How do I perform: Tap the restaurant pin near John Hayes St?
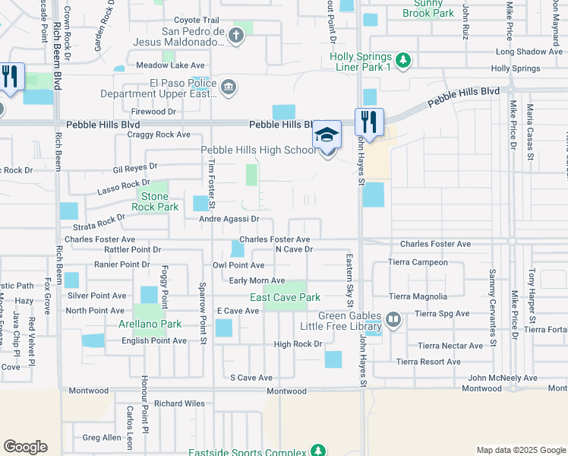[x=369, y=122]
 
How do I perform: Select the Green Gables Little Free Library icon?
[x=393, y=319]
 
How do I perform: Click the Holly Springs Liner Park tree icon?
[x=404, y=60]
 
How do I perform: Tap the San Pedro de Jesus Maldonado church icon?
[x=237, y=35]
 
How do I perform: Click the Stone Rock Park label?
[x=155, y=201]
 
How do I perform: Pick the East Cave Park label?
[x=286, y=297]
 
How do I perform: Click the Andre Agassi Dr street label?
[x=229, y=219]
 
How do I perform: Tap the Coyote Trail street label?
[x=196, y=21]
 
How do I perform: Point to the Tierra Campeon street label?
[x=418, y=262]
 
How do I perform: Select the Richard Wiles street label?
[x=179, y=404]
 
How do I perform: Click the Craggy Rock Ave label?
[x=161, y=135]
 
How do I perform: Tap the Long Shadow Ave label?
[x=529, y=52]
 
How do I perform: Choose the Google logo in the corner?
[x=25, y=447]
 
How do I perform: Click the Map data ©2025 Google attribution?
[x=520, y=450]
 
